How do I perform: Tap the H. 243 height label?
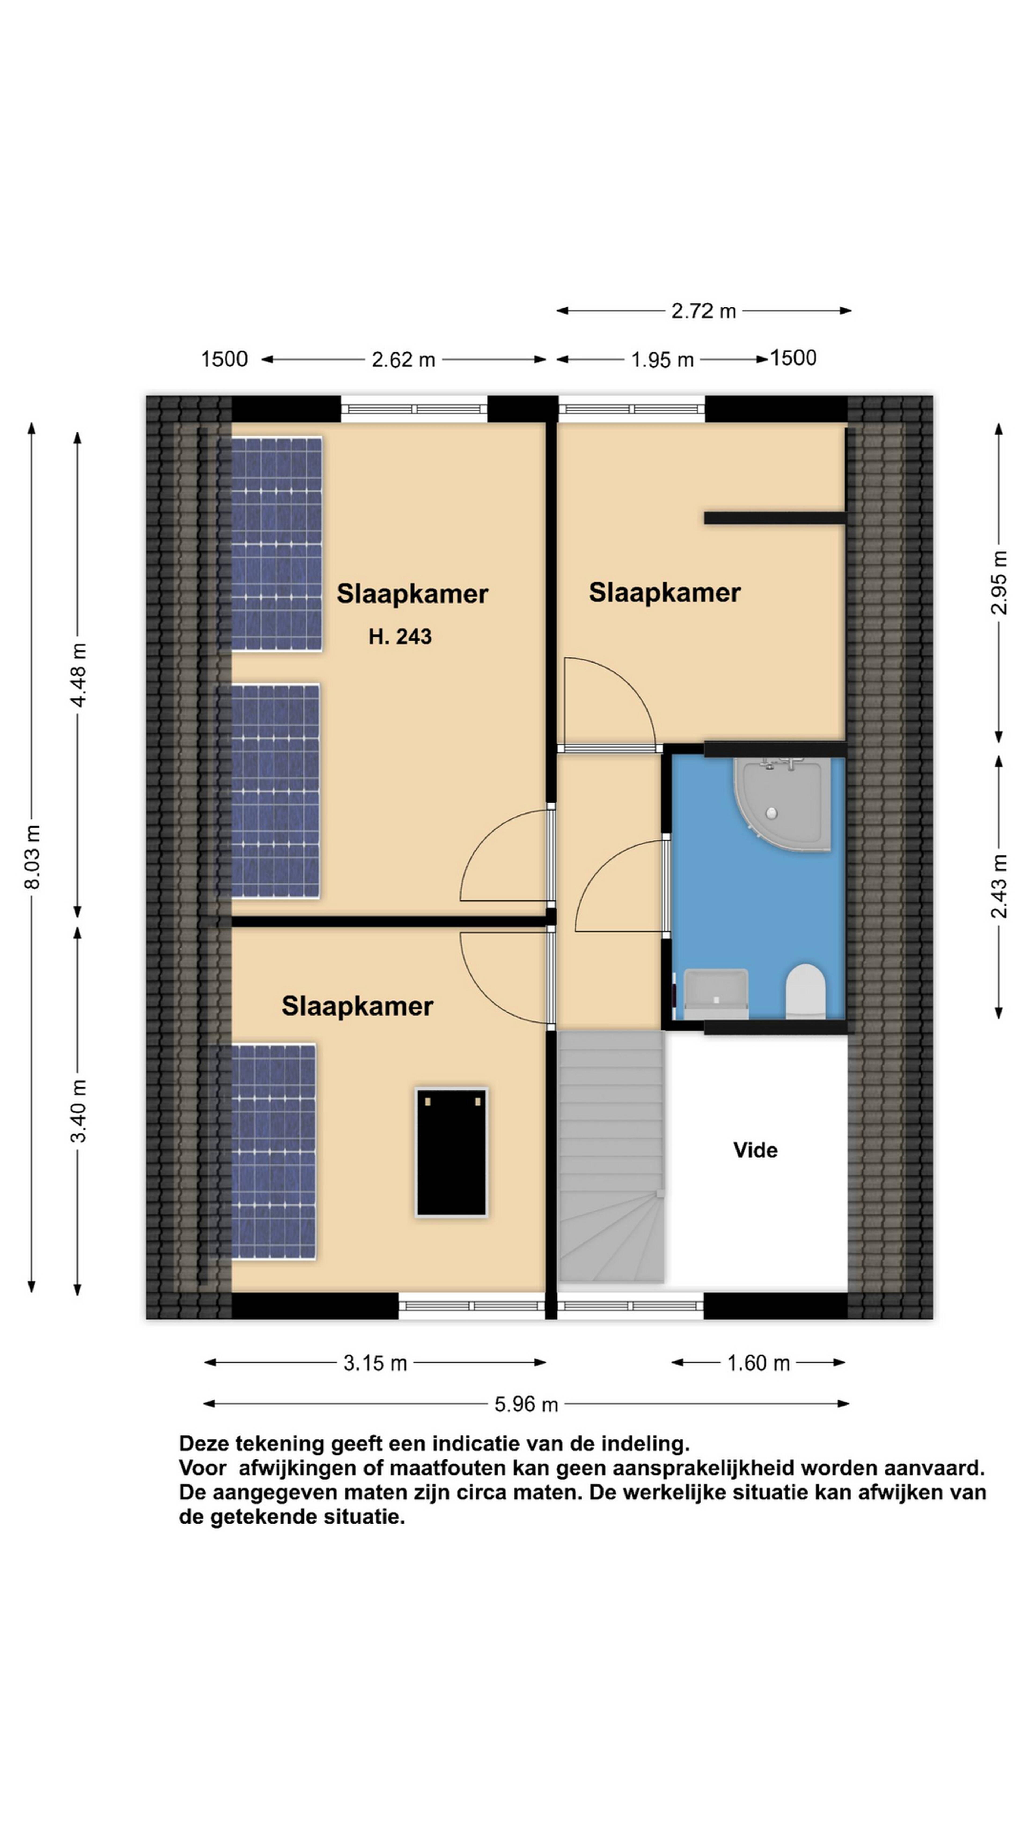point(399,636)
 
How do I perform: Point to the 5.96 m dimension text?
point(526,1404)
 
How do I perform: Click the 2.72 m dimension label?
point(704,311)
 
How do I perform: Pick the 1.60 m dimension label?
point(758,1363)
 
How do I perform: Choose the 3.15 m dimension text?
point(375,1363)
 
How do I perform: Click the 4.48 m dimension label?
point(78,675)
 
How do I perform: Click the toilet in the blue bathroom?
point(805,990)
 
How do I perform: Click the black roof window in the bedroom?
point(451,1152)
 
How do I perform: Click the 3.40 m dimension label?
point(78,1110)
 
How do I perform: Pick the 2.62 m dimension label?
point(403,360)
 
